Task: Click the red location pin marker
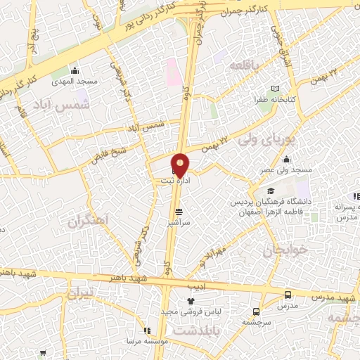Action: [x=181, y=165]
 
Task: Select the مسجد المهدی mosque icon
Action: [x=76, y=70]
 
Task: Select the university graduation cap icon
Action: [x=270, y=191]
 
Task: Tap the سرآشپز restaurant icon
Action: [x=179, y=210]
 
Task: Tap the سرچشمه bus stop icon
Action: [x=256, y=310]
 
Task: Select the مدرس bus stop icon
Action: [x=288, y=295]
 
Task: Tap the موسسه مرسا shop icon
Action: [x=146, y=331]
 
